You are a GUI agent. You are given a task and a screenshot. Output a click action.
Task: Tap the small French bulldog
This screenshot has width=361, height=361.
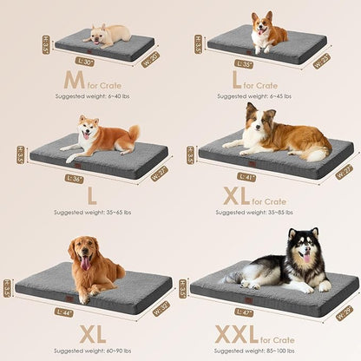pos(108,34)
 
